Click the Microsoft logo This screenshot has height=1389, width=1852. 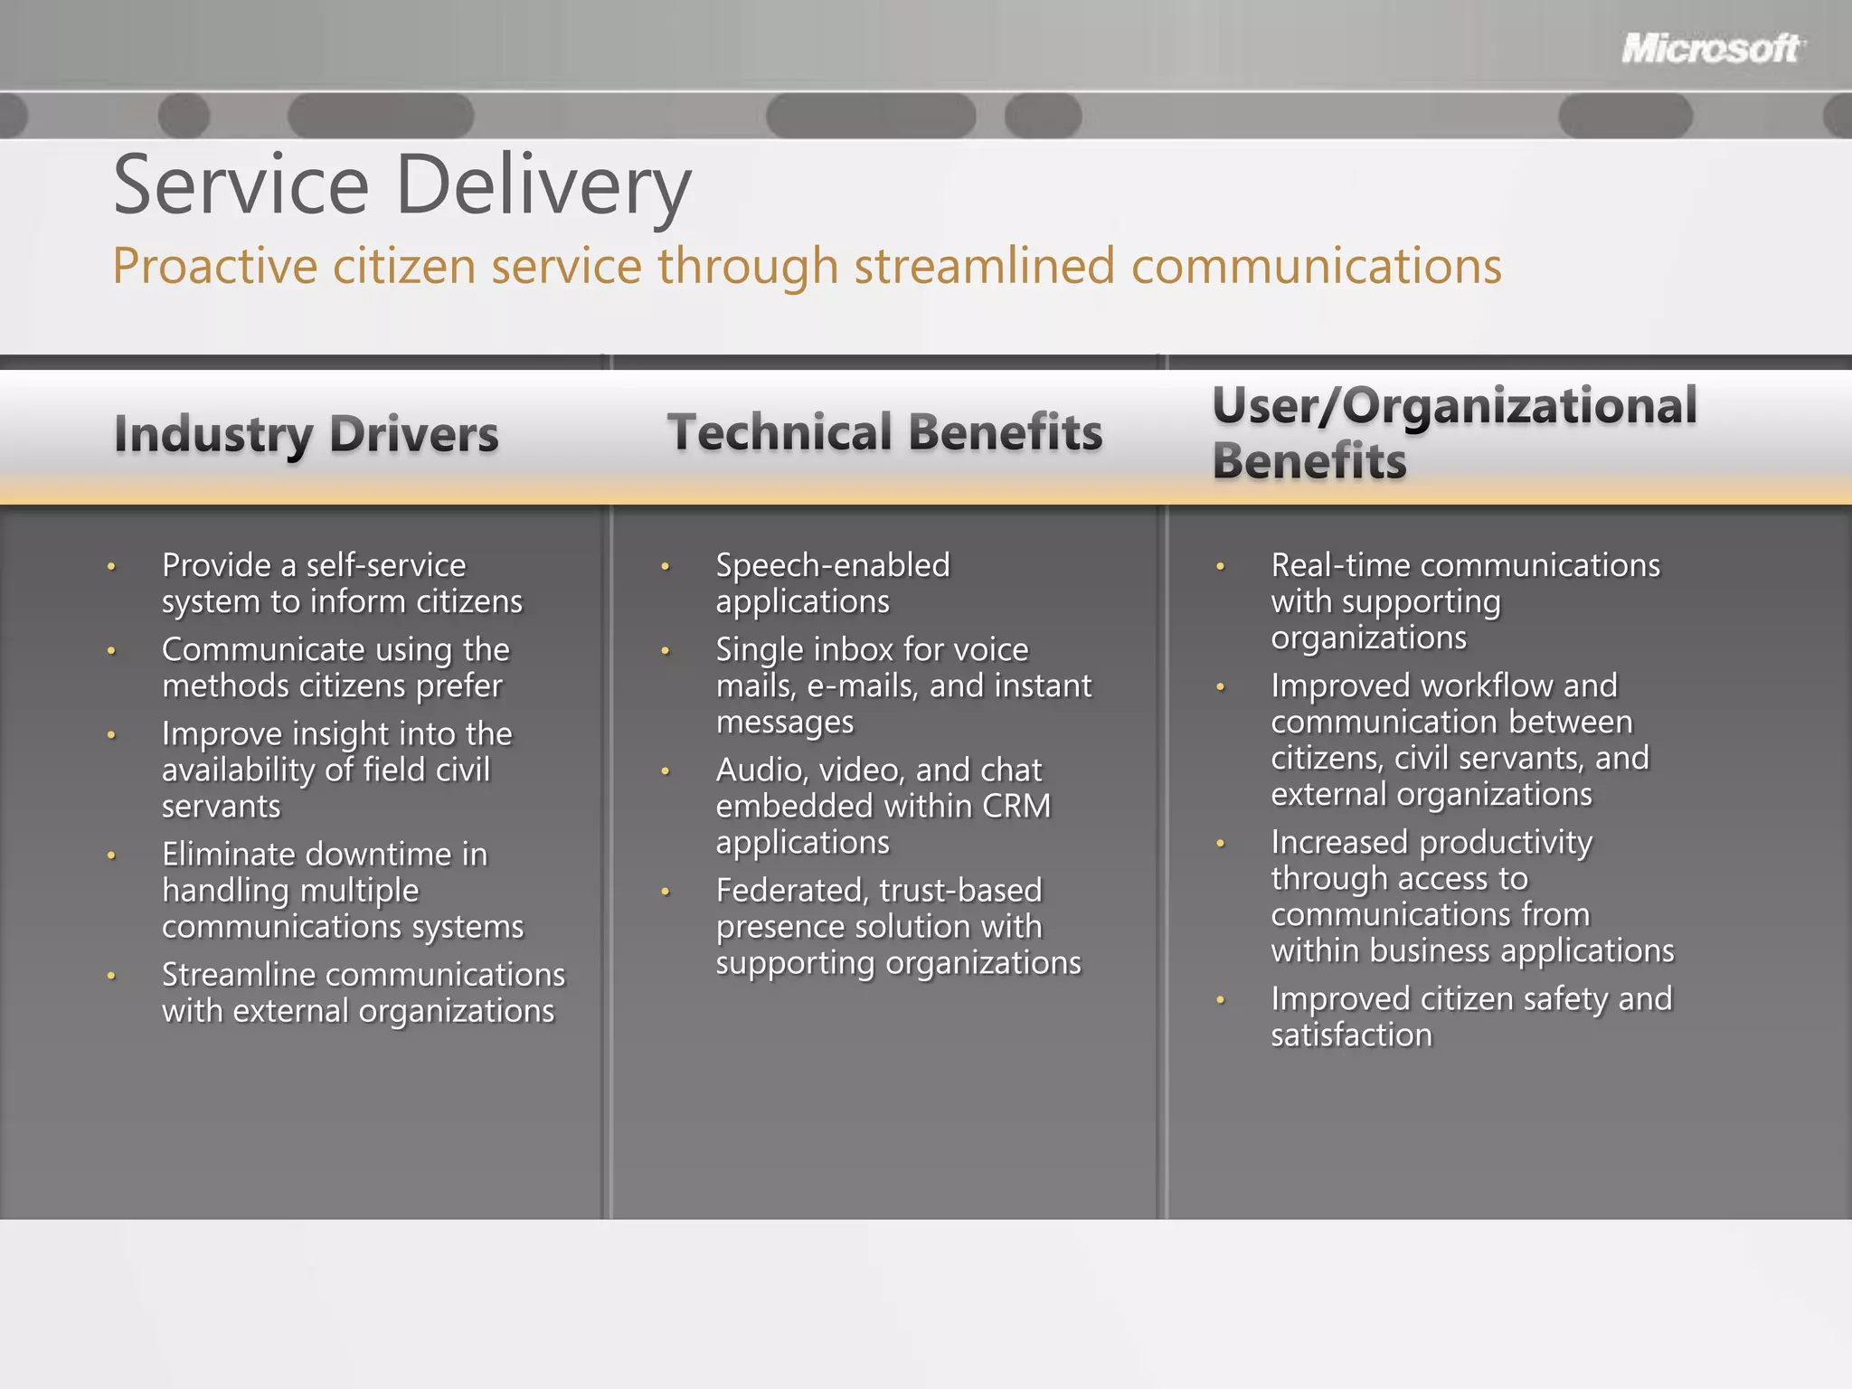click(1711, 49)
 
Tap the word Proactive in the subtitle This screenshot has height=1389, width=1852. click(215, 267)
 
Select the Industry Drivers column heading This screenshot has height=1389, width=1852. click(306, 434)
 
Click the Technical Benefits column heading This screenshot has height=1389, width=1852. click(884, 432)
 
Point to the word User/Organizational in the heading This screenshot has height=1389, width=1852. click(1454, 406)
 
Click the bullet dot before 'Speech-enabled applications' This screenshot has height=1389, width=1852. click(665, 567)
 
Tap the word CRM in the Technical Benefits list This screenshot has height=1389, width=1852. click(1016, 806)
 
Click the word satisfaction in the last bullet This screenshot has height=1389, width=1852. click(1351, 1035)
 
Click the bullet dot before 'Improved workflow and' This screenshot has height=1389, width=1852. click(1220, 687)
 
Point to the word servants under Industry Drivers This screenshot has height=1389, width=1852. click(222, 807)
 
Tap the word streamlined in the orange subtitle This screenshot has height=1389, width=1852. click(984, 267)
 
